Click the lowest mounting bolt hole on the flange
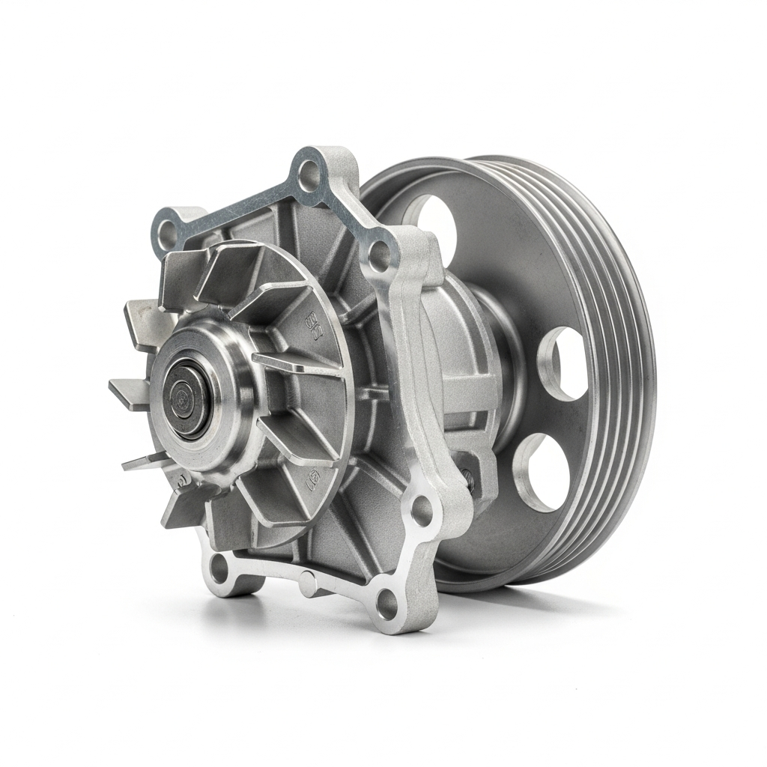(386, 603)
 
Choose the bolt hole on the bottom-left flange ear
(219, 569)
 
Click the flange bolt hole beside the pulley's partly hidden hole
(380, 257)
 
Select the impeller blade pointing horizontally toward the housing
(292, 365)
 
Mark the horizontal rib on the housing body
(464, 389)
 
